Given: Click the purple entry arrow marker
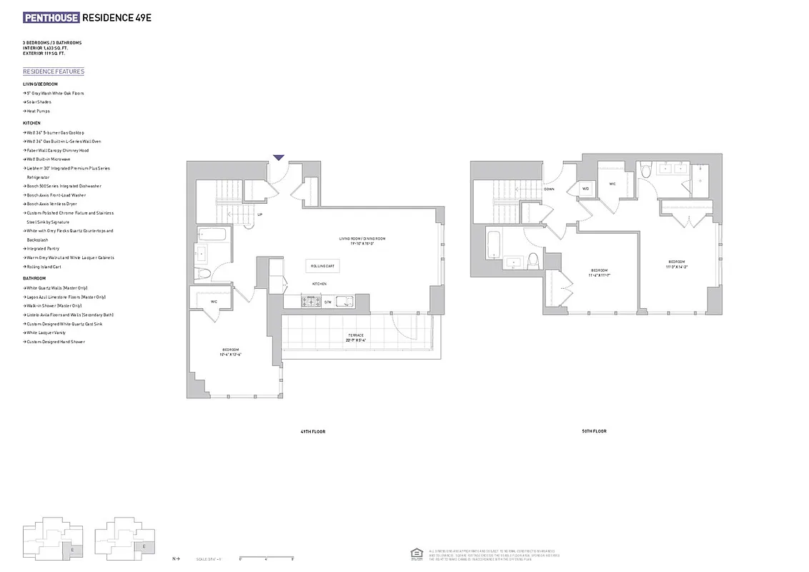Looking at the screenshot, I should (x=279, y=157).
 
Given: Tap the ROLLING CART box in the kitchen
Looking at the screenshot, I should (x=322, y=266).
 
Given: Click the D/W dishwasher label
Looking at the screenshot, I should (x=328, y=302).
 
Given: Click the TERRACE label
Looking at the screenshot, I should (x=356, y=335).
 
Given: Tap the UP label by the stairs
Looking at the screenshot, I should (x=259, y=214).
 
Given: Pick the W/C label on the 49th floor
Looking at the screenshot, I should (x=214, y=301).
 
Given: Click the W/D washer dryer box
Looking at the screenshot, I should (x=585, y=189).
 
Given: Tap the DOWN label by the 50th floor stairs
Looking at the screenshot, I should (x=549, y=189).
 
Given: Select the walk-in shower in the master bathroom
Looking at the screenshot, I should (x=700, y=180).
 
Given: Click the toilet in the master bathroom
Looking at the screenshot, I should (x=645, y=171).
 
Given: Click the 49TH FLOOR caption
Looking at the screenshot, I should (x=313, y=431).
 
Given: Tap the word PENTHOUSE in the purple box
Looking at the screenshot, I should (x=51, y=18).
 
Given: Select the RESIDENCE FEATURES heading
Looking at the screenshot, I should (x=54, y=71).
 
